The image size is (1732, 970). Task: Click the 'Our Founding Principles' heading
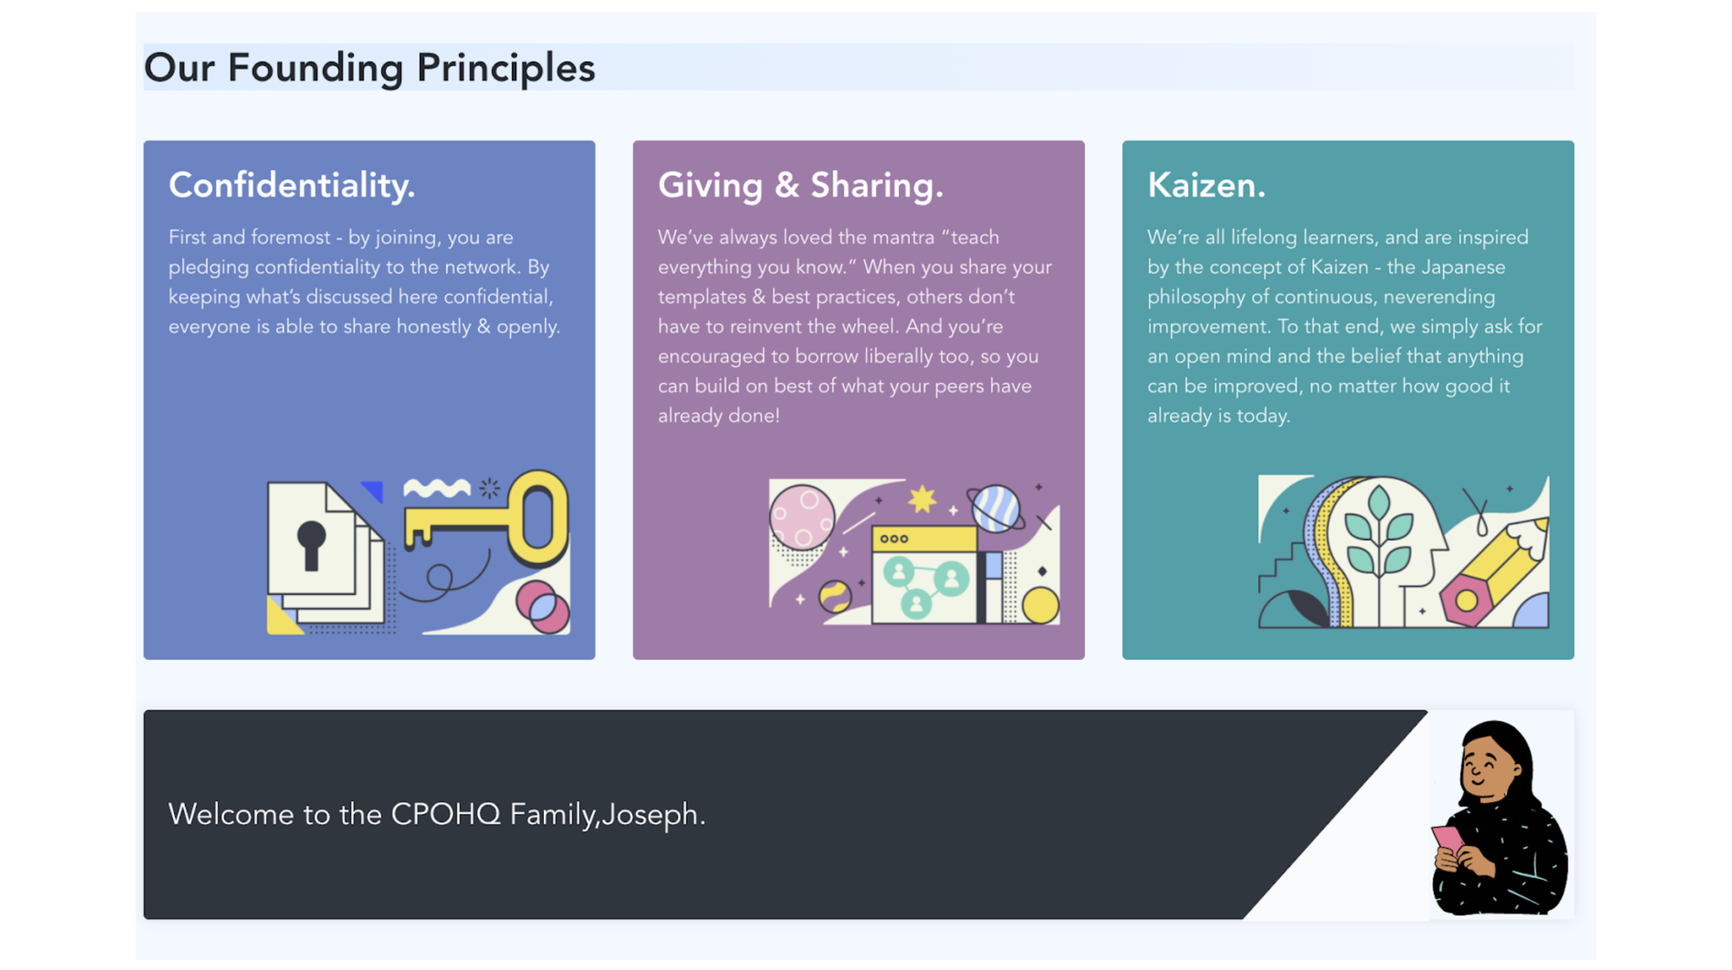pos(370,68)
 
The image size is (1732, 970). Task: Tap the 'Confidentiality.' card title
pos(292,185)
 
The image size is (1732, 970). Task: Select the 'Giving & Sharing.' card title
pos(800,185)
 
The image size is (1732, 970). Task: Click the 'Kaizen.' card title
pos(1206,185)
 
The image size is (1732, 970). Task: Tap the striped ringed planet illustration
pos(996,508)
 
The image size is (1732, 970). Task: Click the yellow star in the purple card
pos(922,499)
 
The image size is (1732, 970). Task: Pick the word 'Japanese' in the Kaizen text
pos(1457,268)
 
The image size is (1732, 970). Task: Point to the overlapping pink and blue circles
pos(543,606)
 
